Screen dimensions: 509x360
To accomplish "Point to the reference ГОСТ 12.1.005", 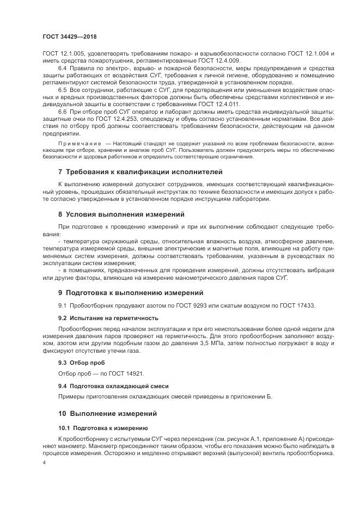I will pyautogui.click(x=64, y=54).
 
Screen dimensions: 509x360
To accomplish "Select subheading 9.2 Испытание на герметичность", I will pyautogui.click(x=108, y=317).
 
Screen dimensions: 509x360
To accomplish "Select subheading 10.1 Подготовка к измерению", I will pyautogui.click(x=103, y=427).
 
